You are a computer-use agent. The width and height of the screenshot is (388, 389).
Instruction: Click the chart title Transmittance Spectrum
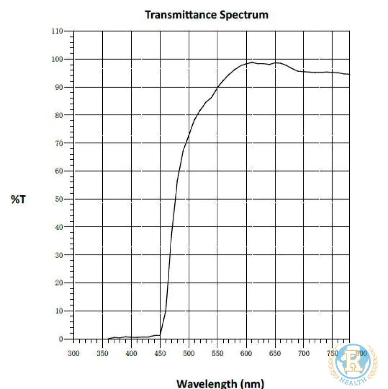tap(206, 15)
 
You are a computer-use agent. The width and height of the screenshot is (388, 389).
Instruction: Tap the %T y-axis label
tap(18, 200)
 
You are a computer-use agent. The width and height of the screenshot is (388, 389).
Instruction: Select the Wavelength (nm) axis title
tap(220, 383)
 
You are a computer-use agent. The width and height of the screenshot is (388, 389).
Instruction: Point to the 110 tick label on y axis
tap(57, 31)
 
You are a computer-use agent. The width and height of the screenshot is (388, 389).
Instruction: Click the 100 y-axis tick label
tap(57, 59)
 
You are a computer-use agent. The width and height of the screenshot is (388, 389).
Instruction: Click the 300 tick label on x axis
tap(74, 353)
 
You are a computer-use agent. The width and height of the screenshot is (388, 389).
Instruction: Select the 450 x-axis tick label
tap(160, 353)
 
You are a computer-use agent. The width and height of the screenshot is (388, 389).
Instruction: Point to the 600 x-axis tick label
tap(246, 353)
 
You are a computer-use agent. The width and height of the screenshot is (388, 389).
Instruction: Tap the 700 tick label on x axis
tap(304, 353)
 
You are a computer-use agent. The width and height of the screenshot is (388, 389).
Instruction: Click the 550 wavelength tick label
tap(217, 353)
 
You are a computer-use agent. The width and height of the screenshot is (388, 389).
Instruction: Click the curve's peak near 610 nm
tap(252, 62)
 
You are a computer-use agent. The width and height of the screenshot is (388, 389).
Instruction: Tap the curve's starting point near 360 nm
tap(109, 338)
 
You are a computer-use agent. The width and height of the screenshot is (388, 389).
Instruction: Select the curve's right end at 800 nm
tap(349, 74)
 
